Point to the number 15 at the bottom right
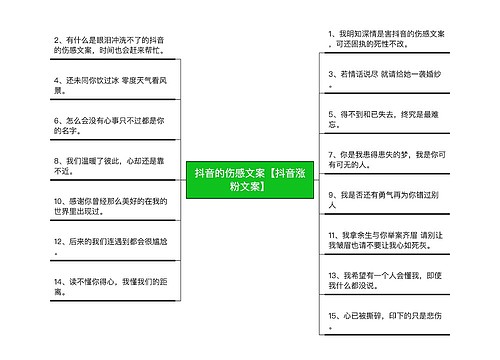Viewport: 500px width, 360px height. pos(334,315)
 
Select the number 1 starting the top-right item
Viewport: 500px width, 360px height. pos(330,33)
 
